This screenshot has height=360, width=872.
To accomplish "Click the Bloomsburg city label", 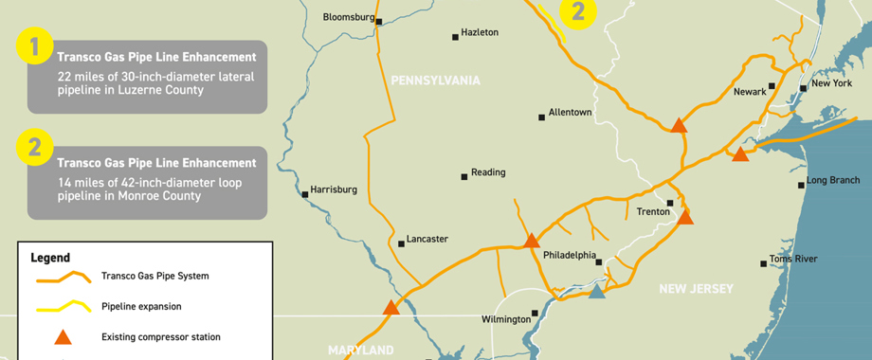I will (x=349, y=16).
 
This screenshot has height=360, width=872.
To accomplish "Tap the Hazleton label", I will (x=480, y=32).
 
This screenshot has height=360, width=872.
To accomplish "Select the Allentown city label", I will (x=570, y=112).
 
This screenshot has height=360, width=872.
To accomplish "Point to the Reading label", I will (x=488, y=172).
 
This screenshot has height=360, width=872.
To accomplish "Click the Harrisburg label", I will (x=334, y=189).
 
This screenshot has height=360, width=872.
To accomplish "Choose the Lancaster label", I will (x=427, y=239).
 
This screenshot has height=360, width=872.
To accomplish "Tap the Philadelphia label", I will (x=570, y=255).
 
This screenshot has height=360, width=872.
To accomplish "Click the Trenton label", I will (x=654, y=211).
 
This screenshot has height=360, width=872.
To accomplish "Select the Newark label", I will (x=749, y=92).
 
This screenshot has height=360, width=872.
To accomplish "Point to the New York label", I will (x=831, y=83).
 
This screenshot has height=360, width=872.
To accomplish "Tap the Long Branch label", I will (x=833, y=180).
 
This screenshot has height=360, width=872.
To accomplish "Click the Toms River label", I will (x=793, y=259).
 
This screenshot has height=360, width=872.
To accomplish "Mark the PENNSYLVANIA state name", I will (x=436, y=81).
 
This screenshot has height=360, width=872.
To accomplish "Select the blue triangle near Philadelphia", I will (x=596, y=291).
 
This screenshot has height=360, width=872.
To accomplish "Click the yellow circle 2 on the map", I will (x=578, y=12).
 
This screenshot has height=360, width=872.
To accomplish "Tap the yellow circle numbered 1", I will (x=35, y=47).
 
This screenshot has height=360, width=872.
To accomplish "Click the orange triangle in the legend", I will (x=62, y=336).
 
